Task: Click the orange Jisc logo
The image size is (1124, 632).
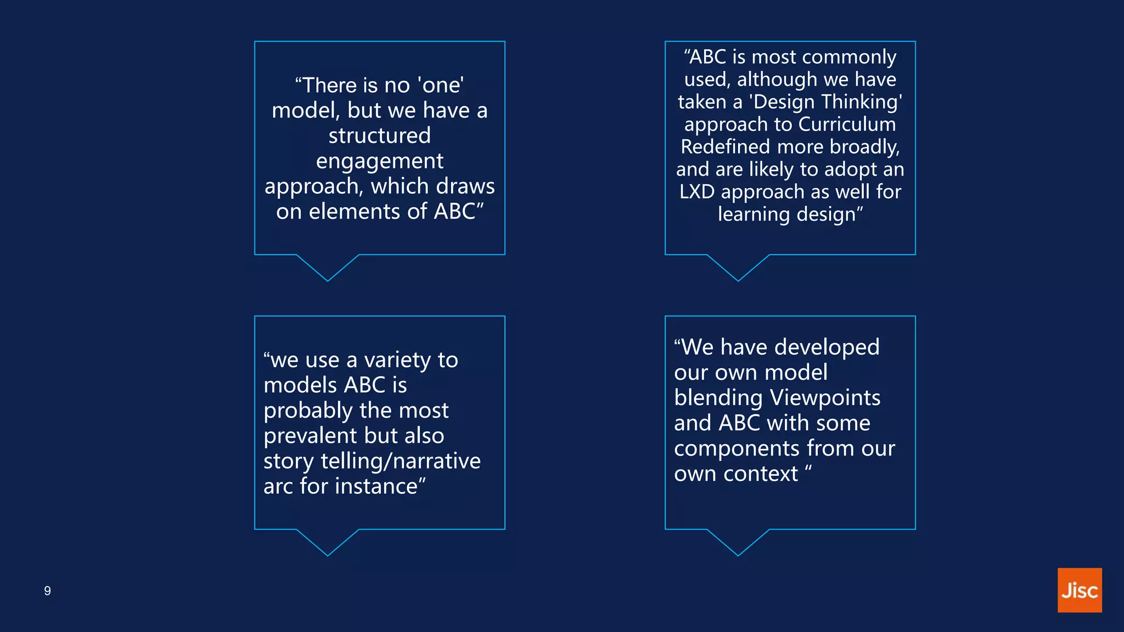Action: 1079,590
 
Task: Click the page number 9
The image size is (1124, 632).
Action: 48,591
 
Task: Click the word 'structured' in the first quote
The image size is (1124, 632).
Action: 379,136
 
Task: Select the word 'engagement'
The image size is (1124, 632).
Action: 379,161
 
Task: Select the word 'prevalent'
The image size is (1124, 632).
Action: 310,436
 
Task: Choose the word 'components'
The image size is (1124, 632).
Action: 737,449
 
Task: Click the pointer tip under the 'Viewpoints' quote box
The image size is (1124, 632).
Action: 738,555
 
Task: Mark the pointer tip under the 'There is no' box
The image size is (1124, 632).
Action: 328,280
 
